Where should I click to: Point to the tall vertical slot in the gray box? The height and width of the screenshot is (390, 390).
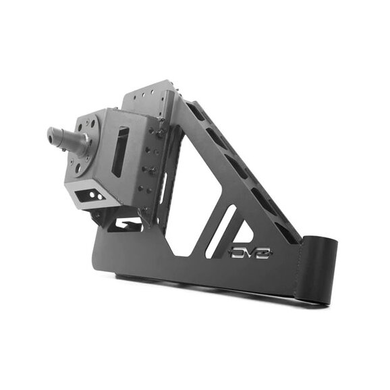point(120,151)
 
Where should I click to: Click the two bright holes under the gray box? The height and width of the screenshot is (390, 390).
point(96,196)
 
